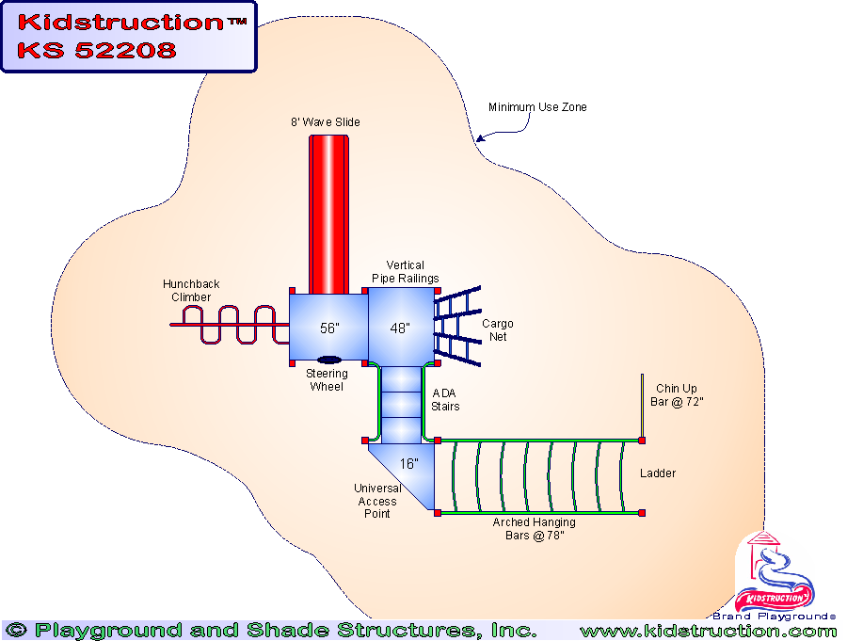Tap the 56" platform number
point(328,329)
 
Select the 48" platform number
point(400,329)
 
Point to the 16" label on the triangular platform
point(408,463)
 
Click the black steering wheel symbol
point(329,359)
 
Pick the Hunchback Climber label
point(191,290)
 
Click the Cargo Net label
point(498,330)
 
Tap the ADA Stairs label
point(445,400)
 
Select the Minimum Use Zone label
point(537,107)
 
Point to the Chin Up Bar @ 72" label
point(679,395)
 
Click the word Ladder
point(658,473)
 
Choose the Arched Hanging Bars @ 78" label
point(535,528)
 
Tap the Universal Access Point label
point(377,501)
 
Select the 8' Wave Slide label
point(325,122)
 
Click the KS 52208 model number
point(96,50)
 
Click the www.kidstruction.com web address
point(708,631)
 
